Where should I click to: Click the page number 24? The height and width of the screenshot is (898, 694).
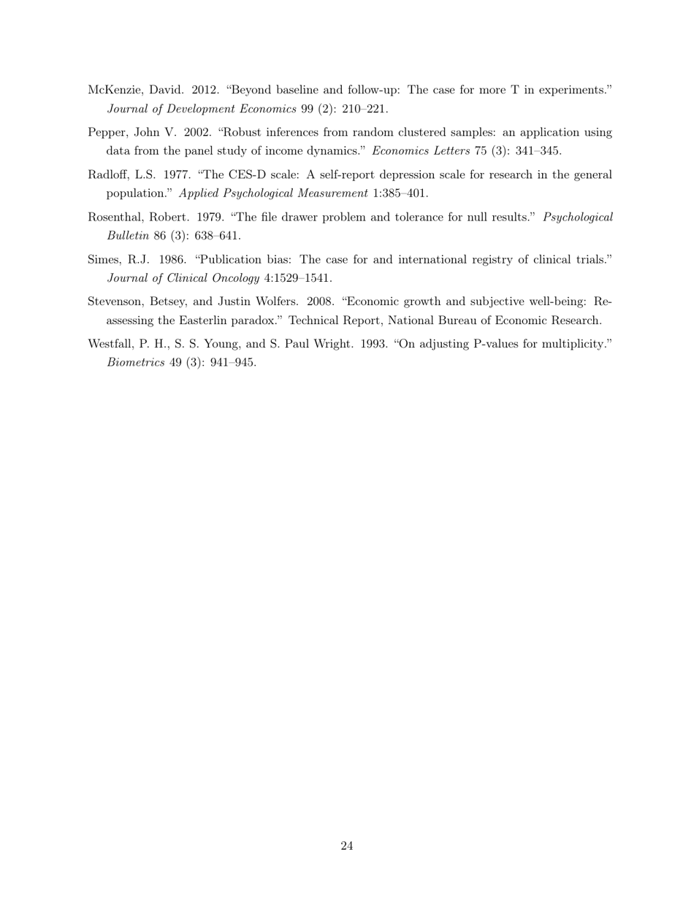pos(347,846)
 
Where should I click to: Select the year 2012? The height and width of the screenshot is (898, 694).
pos(205,90)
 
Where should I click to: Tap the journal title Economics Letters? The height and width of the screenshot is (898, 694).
pos(421,151)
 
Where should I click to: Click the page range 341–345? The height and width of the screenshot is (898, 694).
pos(538,151)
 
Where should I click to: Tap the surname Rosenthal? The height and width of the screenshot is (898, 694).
pos(116,217)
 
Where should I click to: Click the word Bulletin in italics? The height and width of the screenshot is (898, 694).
pos(128,236)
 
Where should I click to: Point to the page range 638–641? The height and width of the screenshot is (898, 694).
pos(218,236)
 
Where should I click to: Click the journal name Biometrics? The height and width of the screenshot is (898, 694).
pos(135,363)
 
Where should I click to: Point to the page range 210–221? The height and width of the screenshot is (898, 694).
pos(365,109)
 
